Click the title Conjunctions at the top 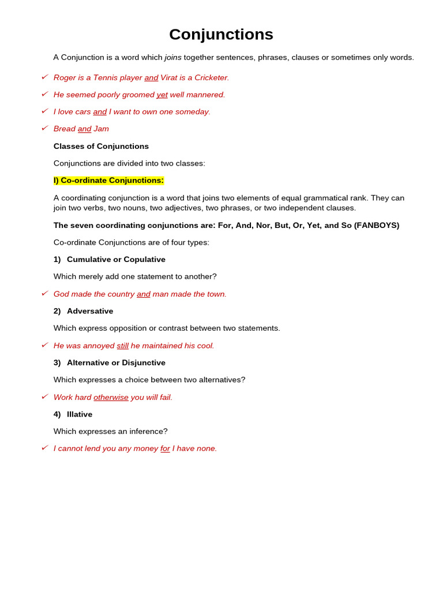[221, 35]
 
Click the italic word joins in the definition [173, 58]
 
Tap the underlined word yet [162, 95]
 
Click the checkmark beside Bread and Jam [44, 128]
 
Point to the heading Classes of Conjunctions [101, 147]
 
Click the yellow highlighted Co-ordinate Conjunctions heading [108, 181]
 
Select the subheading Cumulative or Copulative [116, 260]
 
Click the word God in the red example [62, 294]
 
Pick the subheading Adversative [90, 311]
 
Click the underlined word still [122, 346]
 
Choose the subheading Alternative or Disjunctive [116, 363]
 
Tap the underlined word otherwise [111, 398]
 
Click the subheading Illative [80, 414]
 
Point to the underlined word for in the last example [165, 448]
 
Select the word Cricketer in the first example [211, 78]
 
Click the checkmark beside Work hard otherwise [44, 397]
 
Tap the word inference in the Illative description [146, 432]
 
